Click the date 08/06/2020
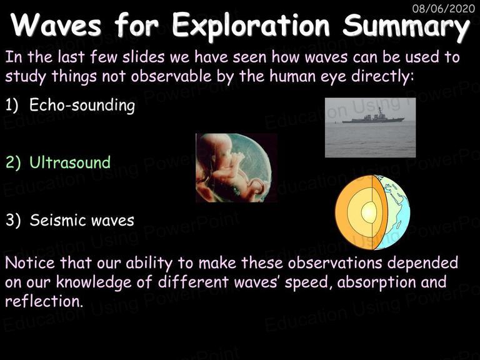coord(444,8)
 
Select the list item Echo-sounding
coord(82,105)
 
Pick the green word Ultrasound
coord(70,162)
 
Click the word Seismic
coord(56,220)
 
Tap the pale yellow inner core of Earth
coord(369,212)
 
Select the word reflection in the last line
coord(44,301)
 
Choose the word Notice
coord(30,262)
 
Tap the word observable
coord(171,76)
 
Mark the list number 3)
coord(13,220)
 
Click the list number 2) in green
coord(13,162)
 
